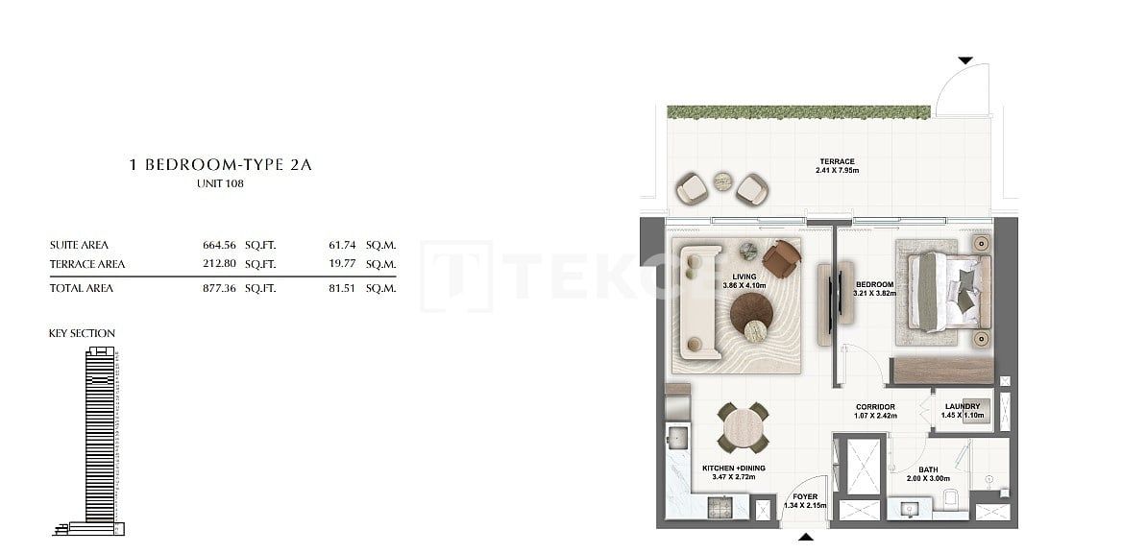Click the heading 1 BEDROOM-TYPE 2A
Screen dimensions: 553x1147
pyautogui.click(x=220, y=165)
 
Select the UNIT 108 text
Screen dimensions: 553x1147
pyautogui.click(x=220, y=184)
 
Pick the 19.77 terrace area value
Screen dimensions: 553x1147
pyautogui.click(x=341, y=264)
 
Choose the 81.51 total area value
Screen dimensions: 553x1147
pyautogui.click(x=341, y=288)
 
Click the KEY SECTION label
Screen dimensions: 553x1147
pyautogui.click(x=82, y=333)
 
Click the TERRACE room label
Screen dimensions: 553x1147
pyautogui.click(x=837, y=161)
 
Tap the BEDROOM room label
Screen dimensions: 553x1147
pyautogui.click(x=875, y=285)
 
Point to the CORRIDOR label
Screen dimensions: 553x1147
pyautogui.click(x=875, y=407)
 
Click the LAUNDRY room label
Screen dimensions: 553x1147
pyautogui.click(x=962, y=406)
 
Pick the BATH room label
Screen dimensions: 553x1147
pyautogui.click(x=928, y=470)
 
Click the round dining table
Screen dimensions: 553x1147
pyautogui.click(x=744, y=428)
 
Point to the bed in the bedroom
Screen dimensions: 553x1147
pyautogui.click(x=941, y=292)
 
